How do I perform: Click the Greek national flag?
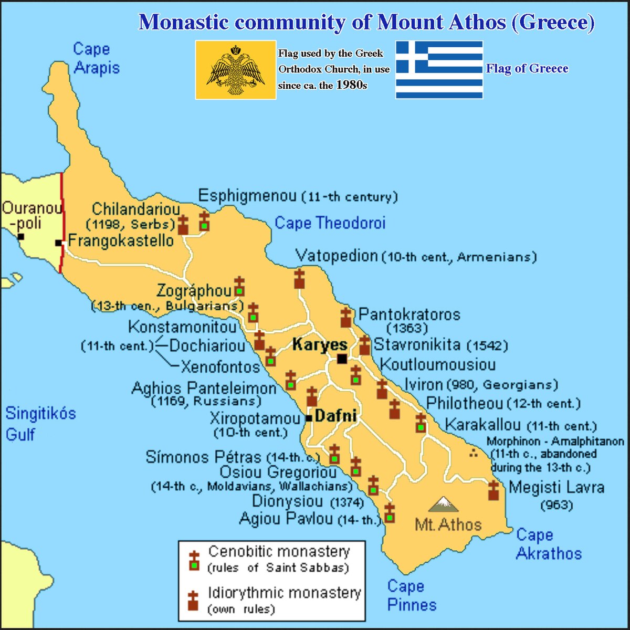pyautogui.click(x=439, y=70)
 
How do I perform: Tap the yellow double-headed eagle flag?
pyautogui.click(x=236, y=70)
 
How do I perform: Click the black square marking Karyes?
pyautogui.click(x=342, y=359)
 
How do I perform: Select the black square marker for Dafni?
pyautogui.click(x=309, y=418)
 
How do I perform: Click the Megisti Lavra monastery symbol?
pyautogui.click(x=493, y=490)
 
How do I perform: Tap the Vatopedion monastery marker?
pyautogui.click(x=299, y=279)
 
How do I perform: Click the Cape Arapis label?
pyautogui.click(x=96, y=58)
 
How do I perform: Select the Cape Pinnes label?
pyautogui.click(x=412, y=595)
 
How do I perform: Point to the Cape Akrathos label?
pyautogui.click(x=549, y=544)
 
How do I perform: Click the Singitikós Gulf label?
pyautogui.click(x=40, y=424)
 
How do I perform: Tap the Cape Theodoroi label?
pyautogui.click(x=330, y=223)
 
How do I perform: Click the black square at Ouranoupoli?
pyautogui.click(x=20, y=237)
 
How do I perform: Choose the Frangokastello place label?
pyautogui.click(x=121, y=241)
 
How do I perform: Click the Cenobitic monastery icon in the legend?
pyautogui.click(x=195, y=561)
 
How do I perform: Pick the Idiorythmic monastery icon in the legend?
pyautogui.click(x=193, y=601)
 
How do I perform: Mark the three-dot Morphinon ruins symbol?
pyautogui.click(x=474, y=453)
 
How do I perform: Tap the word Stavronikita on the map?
pyautogui.click(x=417, y=344)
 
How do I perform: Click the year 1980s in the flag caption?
pyautogui.click(x=352, y=85)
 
